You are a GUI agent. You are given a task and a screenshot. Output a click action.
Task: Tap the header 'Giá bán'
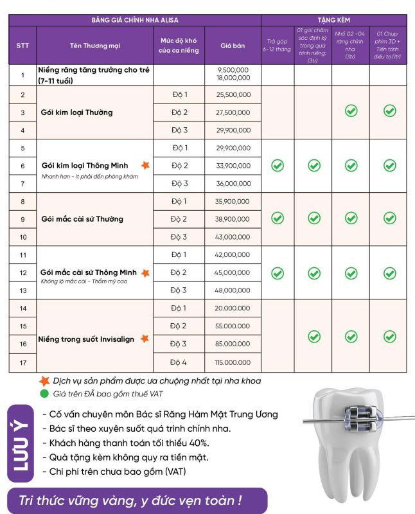[x=233, y=46]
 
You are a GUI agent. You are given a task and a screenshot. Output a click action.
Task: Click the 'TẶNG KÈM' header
[x=333, y=21]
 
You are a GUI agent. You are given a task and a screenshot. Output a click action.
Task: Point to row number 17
[x=22, y=362]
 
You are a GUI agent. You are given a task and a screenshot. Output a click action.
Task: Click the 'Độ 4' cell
[x=179, y=362]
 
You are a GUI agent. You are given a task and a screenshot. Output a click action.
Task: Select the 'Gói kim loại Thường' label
[x=76, y=112]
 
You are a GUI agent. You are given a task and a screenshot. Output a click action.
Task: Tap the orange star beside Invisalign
[x=145, y=338]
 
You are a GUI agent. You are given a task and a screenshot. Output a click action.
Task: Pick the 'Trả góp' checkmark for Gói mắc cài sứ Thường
[x=277, y=218]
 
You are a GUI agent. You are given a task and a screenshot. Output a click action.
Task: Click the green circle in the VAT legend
[x=44, y=393]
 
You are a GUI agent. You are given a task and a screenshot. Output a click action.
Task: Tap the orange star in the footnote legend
[x=44, y=380]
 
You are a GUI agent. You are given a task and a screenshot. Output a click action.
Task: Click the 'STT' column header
[x=22, y=46]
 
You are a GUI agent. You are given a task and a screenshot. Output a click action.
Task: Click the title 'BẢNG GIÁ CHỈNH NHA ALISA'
[x=134, y=21]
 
